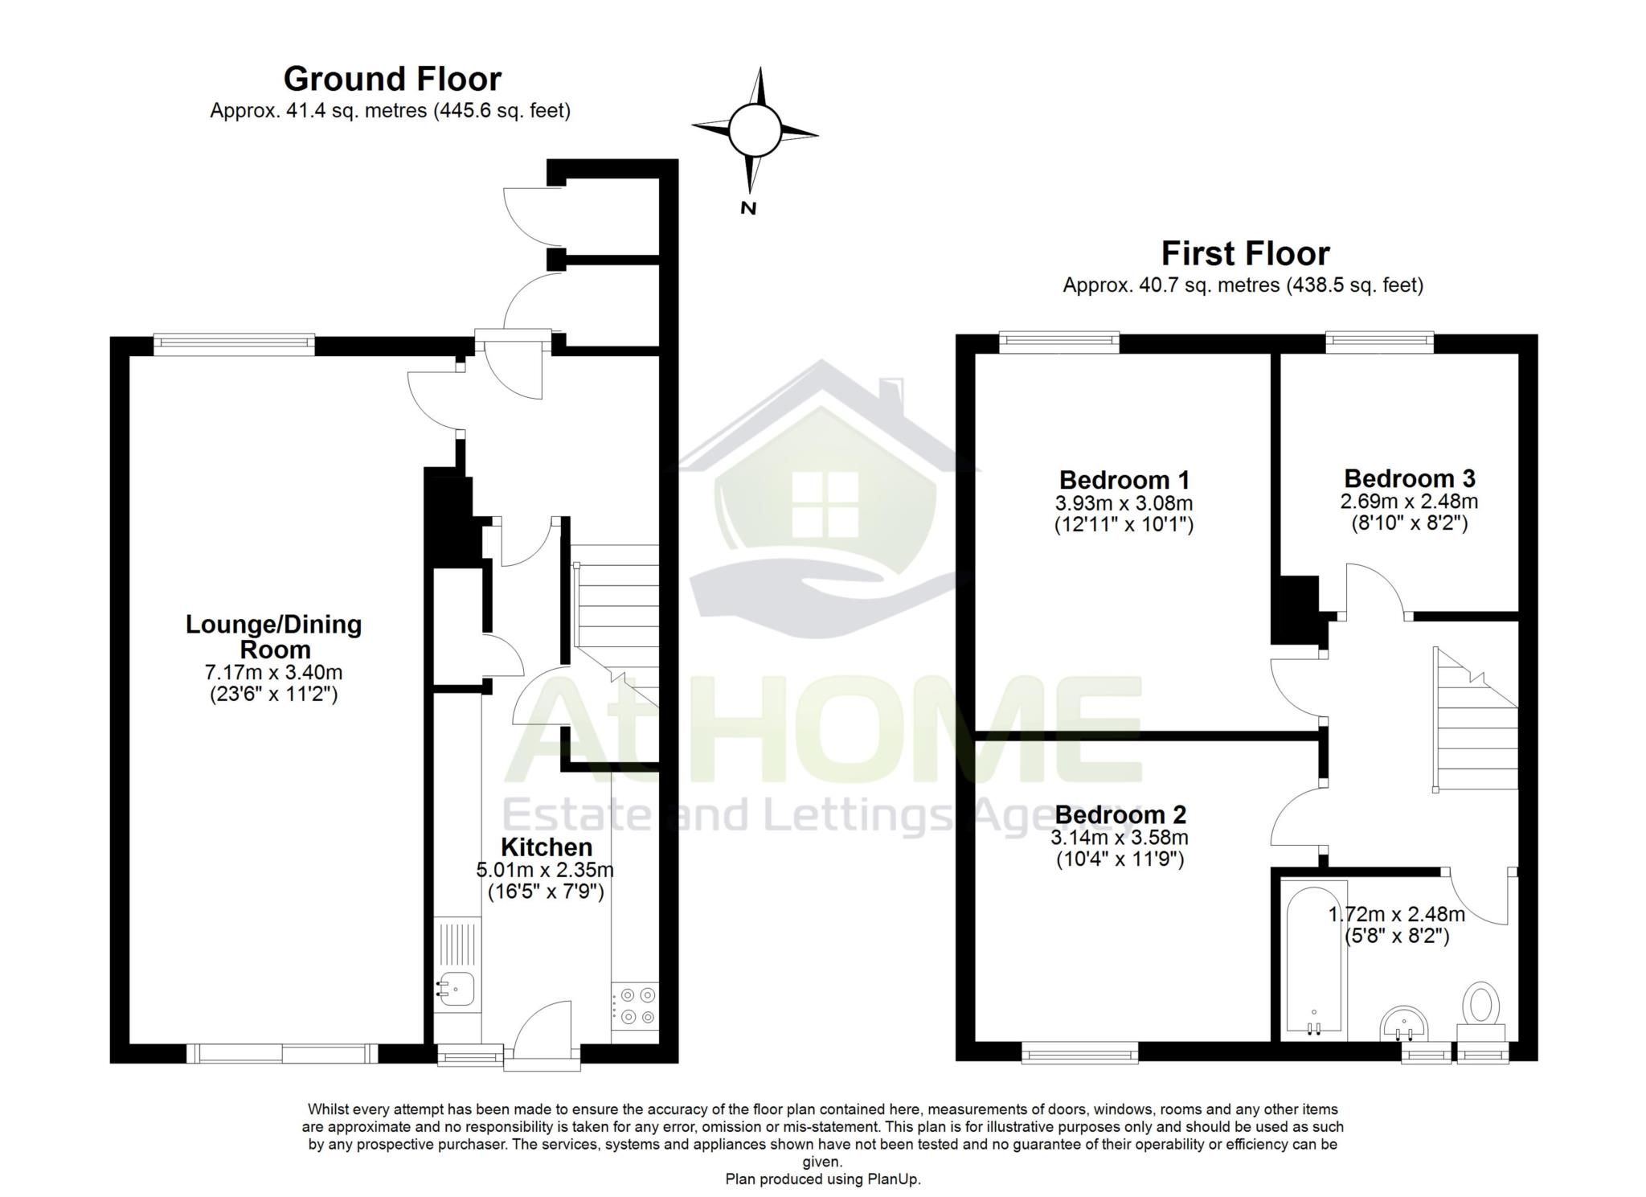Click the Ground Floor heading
[x=392, y=79]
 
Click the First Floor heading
[x=1245, y=253]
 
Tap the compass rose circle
[x=754, y=130]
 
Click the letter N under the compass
[x=748, y=208]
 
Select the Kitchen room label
[x=546, y=847]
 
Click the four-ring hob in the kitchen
[x=636, y=1006]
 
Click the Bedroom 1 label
[x=1124, y=480]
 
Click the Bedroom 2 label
[x=1120, y=814]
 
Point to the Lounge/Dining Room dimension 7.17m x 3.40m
[x=273, y=671]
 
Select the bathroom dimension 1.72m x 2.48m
[x=1395, y=914]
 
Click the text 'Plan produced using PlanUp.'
[x=822, y=1179]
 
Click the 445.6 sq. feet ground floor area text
[x=502, y=110]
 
